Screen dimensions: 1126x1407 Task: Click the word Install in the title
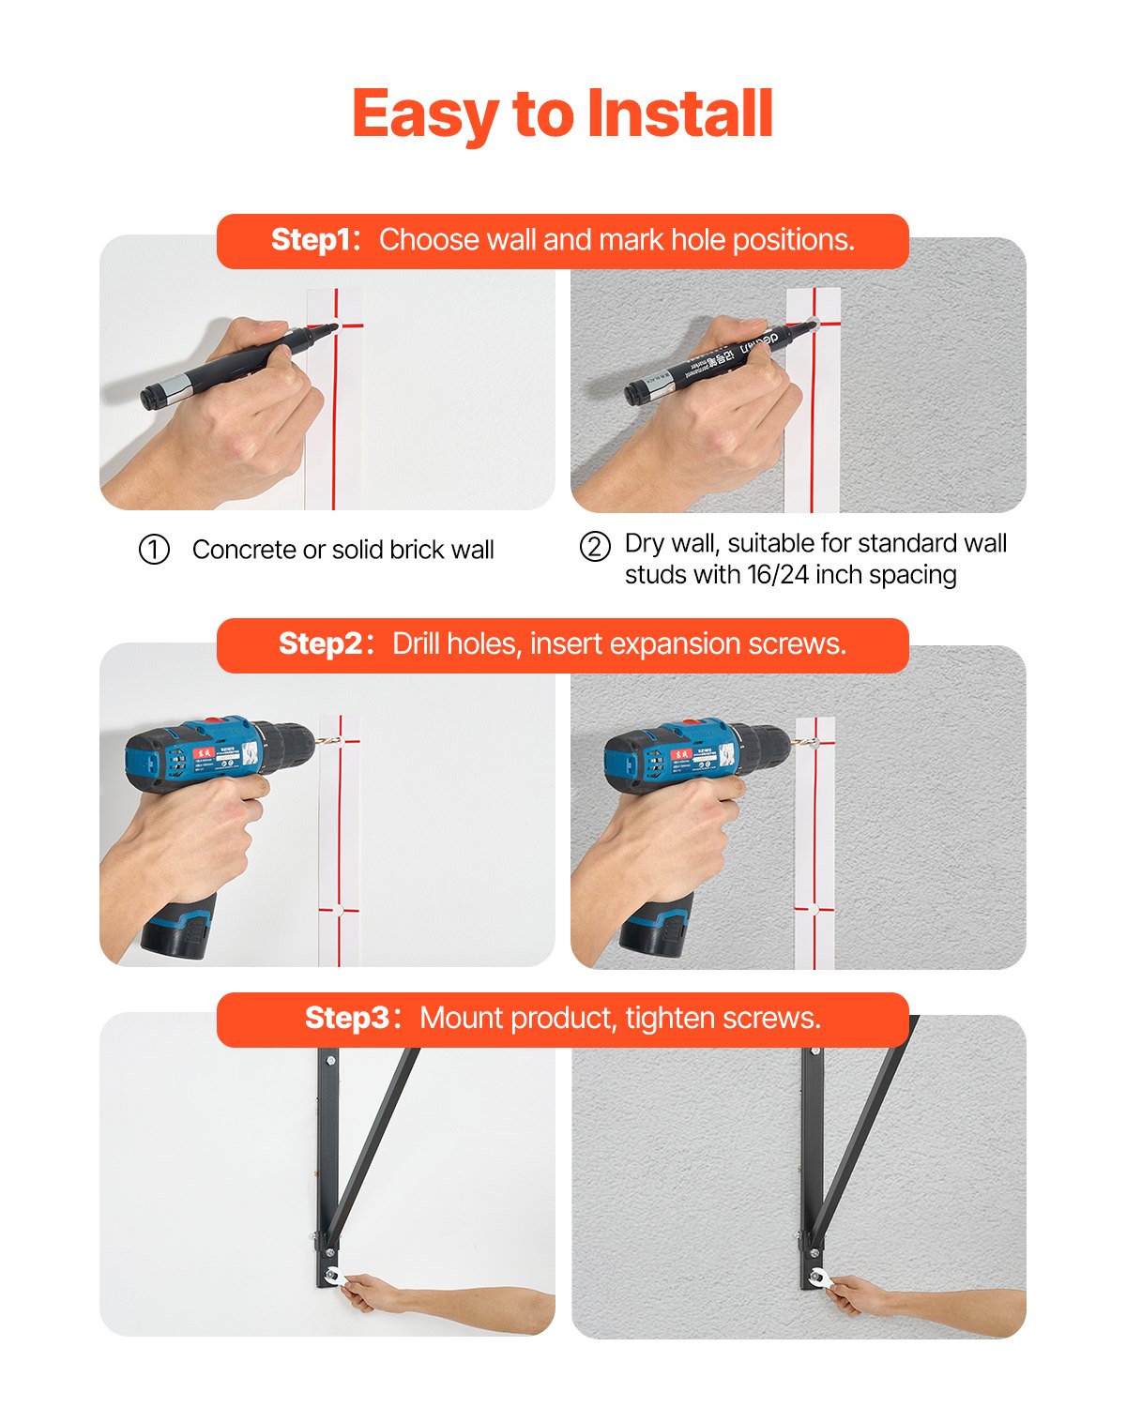(679, 114)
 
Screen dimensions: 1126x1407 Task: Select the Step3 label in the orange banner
(347, 1019)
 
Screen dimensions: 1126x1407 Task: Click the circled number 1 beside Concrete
(154, 550)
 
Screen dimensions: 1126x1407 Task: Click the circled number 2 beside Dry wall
(595, 546)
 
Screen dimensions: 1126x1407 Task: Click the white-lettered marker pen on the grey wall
(713, 361)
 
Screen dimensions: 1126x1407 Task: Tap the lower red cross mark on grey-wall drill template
(814, 907)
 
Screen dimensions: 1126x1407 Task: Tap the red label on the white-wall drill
(202, 753)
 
